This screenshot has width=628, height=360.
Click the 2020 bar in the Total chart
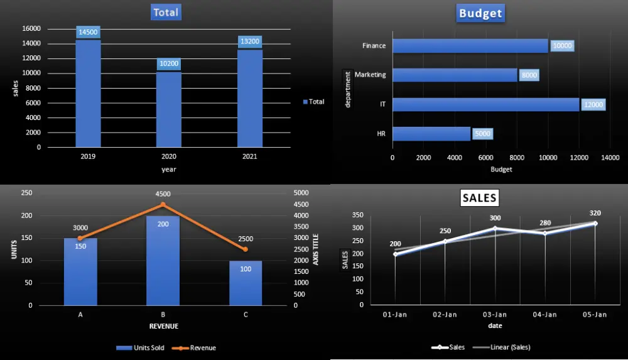click(x=169, y=109)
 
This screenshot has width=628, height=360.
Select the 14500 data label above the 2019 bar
click(x=88, y=33)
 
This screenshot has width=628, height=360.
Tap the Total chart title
click(x=165, y=12)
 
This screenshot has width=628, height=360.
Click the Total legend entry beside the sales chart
click(x=313, y=101)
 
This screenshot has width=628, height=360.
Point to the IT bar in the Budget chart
click(x=485, y=104)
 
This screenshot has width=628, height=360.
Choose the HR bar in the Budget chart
click(x=431, y=133)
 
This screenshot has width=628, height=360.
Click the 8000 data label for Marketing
click(x=529, y=75)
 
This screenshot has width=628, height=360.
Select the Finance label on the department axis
click(x=374, y=46)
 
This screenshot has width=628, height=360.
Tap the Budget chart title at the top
click(x=481, y=13)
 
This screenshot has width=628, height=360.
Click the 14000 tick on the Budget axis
click(x=609, y=158)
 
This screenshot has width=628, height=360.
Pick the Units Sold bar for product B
click(x=163, y=261)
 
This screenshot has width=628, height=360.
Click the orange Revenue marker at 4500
click(x=163, y=204)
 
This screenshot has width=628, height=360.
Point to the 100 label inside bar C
click(x=245, y=269)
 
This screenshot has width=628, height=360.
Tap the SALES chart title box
click(x=479, y=198)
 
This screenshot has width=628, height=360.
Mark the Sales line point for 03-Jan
click(x=495, y=228)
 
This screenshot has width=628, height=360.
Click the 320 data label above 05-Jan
click(x=595, y=213)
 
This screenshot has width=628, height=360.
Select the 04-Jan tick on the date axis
click(x=544, y=314)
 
